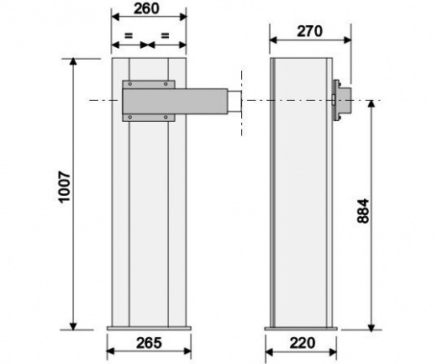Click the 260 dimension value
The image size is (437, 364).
click(x=146, y=8)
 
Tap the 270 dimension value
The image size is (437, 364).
click(x=309, y=31)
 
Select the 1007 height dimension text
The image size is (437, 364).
click(x=65, y=186)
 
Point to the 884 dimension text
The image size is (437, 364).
click(x=363, y=211)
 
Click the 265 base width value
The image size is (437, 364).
click(x=149, y=343)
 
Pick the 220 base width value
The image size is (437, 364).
click(x=303, y=343)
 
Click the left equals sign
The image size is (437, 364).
click(x=129, y=35)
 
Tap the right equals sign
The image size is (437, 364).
click(x=166, y=35)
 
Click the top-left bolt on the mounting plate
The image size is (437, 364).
click(x=130, y=84)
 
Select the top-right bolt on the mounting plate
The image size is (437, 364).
click(x=166, y=84)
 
